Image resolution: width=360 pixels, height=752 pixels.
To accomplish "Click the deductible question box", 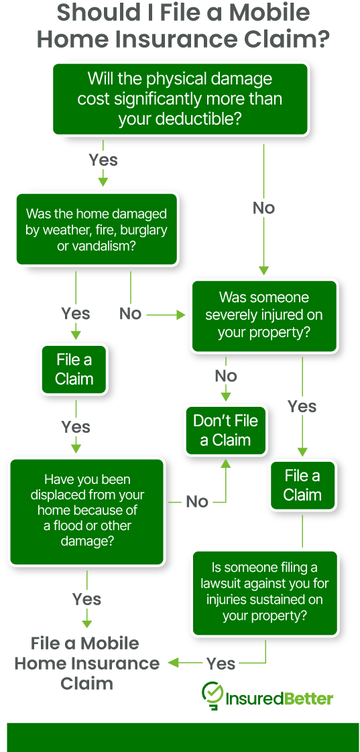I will [x=180, y=99].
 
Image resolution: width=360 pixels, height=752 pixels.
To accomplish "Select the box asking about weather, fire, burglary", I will [x=97, y=230].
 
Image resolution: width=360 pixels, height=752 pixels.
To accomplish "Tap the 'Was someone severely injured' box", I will [x=263, y=315].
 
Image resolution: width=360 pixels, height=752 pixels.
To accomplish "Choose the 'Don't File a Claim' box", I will [x=225, y=430].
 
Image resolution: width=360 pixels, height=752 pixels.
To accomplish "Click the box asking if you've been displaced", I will [x=86, y=511].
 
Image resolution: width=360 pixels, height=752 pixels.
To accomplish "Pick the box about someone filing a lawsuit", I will [x=264, y=592].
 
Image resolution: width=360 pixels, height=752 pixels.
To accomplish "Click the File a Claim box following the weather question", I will [x=74, y=369].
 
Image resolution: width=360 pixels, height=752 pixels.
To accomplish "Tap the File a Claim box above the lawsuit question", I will [x=302, y=485].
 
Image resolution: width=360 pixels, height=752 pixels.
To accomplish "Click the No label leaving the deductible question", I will [x=263, y=208].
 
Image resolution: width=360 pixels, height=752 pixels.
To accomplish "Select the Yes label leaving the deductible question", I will [x=103, y=160].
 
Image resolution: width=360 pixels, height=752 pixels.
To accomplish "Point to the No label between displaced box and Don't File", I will [x=197, y=501].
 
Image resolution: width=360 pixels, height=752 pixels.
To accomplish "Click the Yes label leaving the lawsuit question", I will [x=221, y=664].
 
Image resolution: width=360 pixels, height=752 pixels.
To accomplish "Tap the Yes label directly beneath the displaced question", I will [x=86, y=599].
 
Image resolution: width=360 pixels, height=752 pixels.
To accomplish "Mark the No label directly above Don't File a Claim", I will [x=226, y=375].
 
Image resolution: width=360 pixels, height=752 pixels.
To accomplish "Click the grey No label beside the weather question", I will [x=130, y=313].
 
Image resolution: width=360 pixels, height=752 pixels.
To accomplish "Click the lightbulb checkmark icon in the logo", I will [x=213, y=695].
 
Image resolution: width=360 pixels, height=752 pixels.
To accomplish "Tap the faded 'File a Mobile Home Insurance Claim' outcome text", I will [x=86, y=664].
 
